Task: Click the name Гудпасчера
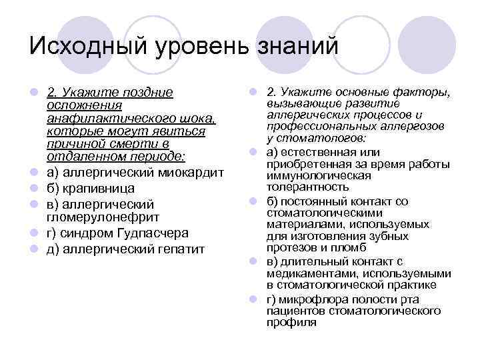pyautogui.click(x=155, y=233)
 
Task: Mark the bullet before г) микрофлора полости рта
pyautogui.click(x=253, y=298)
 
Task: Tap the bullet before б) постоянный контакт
pyautogui.click(x=253, y=201)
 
